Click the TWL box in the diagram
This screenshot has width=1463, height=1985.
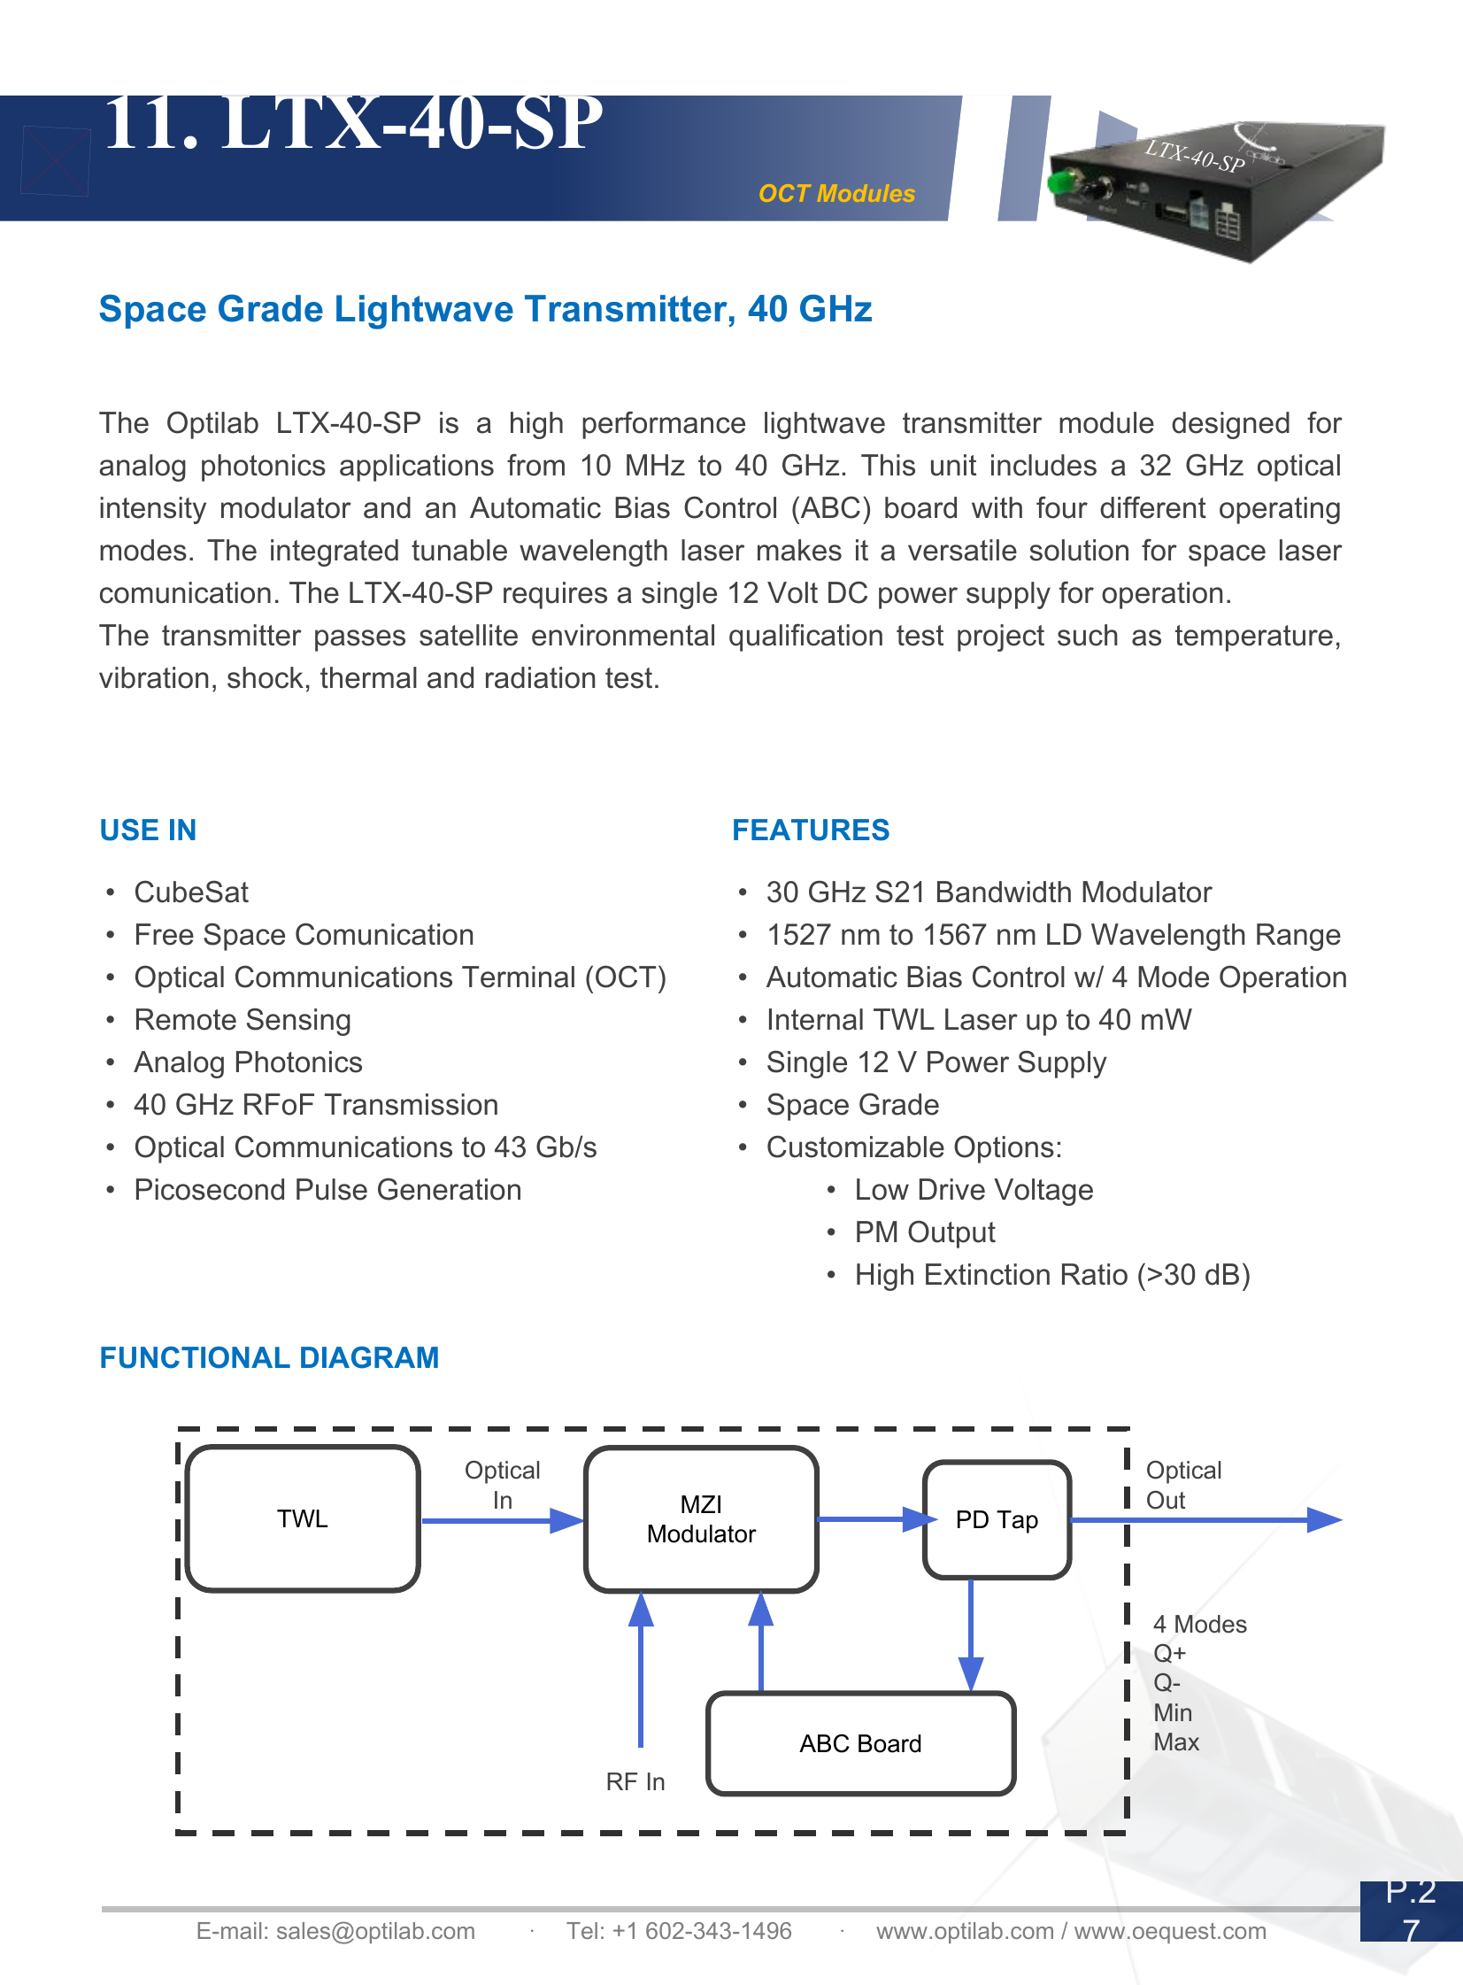tap(302, 1518)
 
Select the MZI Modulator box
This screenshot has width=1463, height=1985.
tap(700, 1518)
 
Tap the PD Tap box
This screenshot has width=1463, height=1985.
tap(997, 1519)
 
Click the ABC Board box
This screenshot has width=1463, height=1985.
tap(860, 1742)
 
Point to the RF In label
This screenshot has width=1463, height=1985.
tap(635, 1781)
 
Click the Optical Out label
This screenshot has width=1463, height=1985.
tap(1182, 1485)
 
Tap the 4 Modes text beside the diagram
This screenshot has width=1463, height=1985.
tap(1199, 1624)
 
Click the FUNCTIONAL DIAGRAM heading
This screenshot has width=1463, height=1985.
tap(269, 1357)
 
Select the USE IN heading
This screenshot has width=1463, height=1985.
tap(148, 830)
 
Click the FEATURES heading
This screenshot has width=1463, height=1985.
tap(811, 830)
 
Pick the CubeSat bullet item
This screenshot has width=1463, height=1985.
tap(190, 892)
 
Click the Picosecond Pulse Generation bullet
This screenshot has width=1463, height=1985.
tap(327, 1190)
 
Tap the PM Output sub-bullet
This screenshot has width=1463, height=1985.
tap(924, 1232)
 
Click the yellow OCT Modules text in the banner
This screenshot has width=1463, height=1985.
tap(836, 193)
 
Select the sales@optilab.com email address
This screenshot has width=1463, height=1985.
tap(374, 1931)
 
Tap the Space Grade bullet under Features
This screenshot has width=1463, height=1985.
tap(852, 1105)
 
